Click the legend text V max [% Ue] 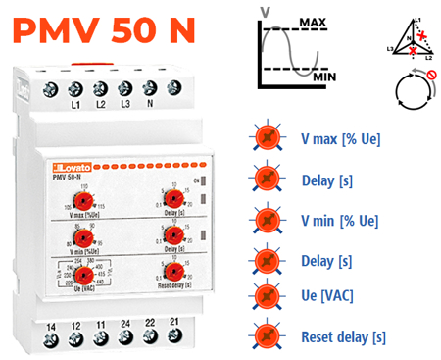click(x=341, y=139)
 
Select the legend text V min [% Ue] click(x=339, y=220)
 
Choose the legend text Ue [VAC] click(x=326, y=295)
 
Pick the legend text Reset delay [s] click(x=343, y=336)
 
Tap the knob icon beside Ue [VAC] click(x=266, y=295)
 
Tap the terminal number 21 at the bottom click(x=173, y=323)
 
